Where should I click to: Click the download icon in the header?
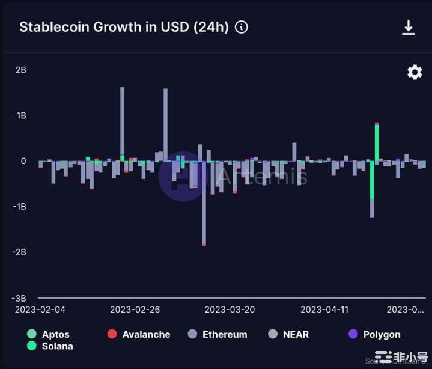tap(409, 28)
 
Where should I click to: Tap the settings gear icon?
tap(415, 72)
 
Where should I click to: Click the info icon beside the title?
tap(242, 28)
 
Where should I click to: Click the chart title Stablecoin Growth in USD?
tap(124, 28)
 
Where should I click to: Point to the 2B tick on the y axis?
tap(20, 70)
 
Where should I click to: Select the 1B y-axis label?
tap(20, 115)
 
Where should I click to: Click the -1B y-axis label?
tap(19, 207)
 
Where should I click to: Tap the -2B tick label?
tap(19, 252)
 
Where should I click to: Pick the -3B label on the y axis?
tap(19, 298)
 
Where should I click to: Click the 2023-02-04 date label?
tap(40, 310)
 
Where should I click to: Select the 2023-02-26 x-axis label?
tap(136, 310)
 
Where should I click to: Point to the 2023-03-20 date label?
tap(230, 310)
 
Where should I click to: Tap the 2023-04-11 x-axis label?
tap(324, 310)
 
